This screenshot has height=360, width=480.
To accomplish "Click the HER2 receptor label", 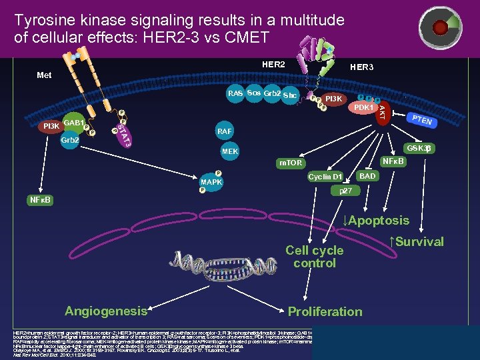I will (273, 65).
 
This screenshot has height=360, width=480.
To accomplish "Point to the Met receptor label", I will (44, 75).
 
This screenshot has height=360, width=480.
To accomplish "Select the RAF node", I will (225, 131).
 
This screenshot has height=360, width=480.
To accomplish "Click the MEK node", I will (229, 152).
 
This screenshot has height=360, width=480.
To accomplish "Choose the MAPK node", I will (212, 182).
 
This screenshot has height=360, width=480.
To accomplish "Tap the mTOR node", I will (290, 163).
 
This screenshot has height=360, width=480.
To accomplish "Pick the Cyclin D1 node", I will (325, 177).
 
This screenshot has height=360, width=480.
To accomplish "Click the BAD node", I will (367, 176).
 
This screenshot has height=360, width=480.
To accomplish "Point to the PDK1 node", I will (363, 107).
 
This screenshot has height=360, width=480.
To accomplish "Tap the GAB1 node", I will (73, 123).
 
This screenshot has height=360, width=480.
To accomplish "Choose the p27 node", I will (345, 191).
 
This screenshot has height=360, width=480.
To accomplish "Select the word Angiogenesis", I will (105, 311).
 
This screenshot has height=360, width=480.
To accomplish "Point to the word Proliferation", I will (325, 311).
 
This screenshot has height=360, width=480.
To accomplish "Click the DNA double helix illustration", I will (209, 263).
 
